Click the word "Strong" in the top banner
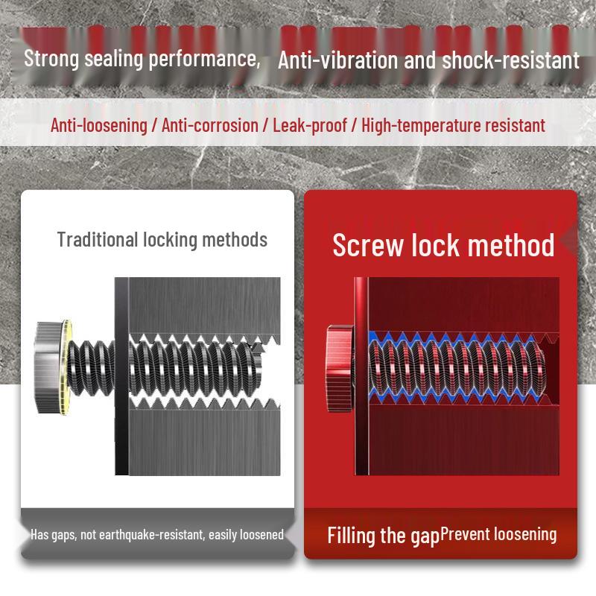[51, 59]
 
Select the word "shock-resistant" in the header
[511, 60]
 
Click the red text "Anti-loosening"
[99, 125]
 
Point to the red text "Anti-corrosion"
[210, 125]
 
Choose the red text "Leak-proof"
[310, 125]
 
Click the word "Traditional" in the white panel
[98, 240]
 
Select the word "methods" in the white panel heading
[235, 240]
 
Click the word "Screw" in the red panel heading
[368, 245]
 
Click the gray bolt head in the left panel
[48, 367]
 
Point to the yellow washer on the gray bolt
[67, 367]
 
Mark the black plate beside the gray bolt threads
[121, 376]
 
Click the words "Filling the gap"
[383, 536]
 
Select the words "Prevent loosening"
[498, 534]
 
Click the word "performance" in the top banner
[204, 59]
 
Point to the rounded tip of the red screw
[541, 367]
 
